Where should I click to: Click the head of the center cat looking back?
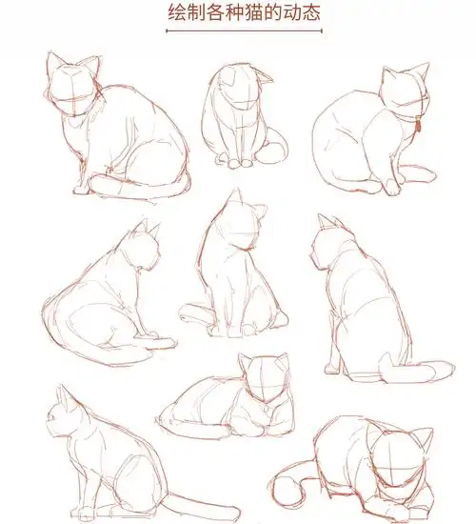click(x=236, y=225)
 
